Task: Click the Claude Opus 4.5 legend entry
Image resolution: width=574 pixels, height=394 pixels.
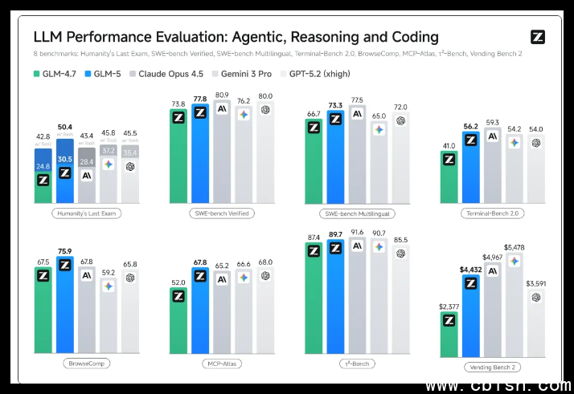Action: [170, 74]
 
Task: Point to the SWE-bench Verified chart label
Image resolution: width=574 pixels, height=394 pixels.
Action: [222, 213]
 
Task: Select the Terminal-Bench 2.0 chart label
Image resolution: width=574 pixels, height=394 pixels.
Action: [492, 213]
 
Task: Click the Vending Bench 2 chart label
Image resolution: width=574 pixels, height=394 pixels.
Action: [492, 367]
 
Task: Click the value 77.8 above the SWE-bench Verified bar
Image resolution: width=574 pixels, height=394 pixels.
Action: [200, 99]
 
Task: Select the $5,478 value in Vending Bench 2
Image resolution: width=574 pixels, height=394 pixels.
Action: [514, 247]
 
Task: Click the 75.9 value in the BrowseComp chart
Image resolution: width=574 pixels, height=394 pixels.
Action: [65, 250]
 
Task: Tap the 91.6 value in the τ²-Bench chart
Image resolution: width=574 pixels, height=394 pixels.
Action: [357, 232]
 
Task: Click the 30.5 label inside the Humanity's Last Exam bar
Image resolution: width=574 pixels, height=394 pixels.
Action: [65, 159]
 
